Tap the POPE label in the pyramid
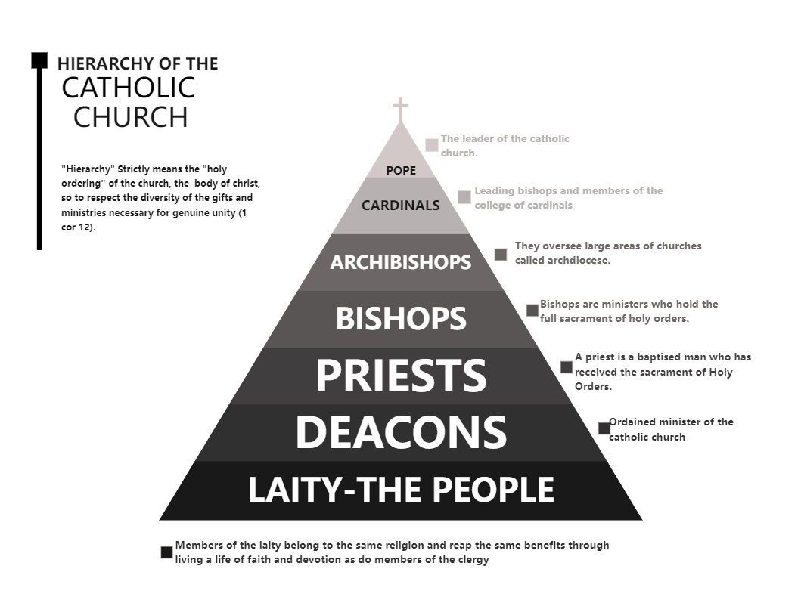tap(401, 171)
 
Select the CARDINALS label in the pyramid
tap(400, 205)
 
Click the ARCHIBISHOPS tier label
tap(400, 262)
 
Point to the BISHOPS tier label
tap(401, 319)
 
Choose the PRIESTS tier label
tap(400, 376)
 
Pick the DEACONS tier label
tap(400, 432)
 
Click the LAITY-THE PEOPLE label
tap(401, 490)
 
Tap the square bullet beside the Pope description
tap(432, 145)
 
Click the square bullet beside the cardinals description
tap(464, 197)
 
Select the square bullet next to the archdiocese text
tap(501, 254)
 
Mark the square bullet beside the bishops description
tap(532, 311)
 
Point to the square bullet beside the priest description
tap(567, 367)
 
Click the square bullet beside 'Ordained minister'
tap(604, 428)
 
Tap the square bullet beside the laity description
tap(167, 552)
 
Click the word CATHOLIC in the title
tap(128, 88)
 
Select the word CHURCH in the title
tap(130, 117)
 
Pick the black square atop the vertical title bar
tap(39, 60)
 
